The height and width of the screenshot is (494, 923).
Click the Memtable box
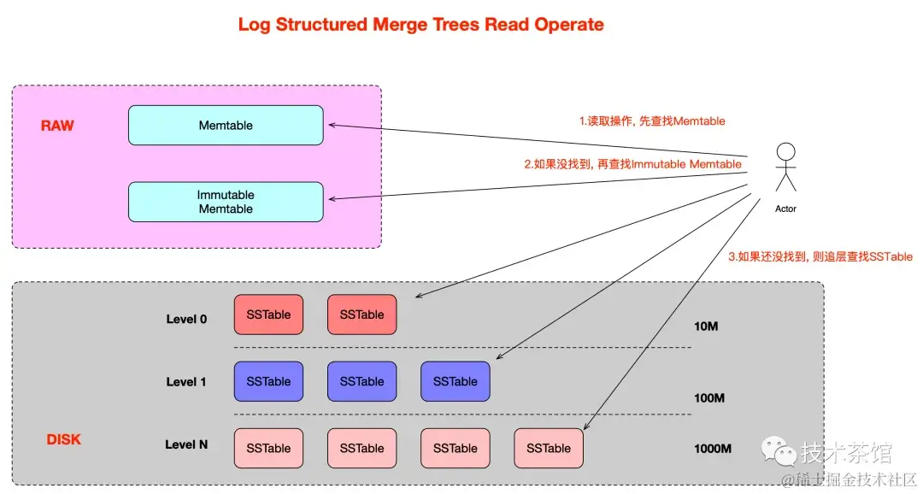click(226, 126)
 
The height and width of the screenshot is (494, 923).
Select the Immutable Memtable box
click(226, 202)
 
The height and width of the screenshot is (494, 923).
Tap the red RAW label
click(57, 126)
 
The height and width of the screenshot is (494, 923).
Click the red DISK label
click(63, 439)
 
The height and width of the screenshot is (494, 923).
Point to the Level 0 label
click(186, 319)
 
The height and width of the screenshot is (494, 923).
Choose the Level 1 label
click(186, 381)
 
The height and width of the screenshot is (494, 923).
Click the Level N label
click(186, 444)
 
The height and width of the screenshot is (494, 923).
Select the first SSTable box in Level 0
click(268, 315)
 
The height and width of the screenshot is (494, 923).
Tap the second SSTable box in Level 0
click(362, 315)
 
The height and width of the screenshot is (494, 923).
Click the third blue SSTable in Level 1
click(455, 381)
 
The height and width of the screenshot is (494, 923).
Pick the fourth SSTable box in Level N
click(549, 448)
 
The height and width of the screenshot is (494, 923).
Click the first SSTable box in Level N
click(268, 448)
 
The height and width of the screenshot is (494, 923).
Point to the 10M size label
click(706, 326)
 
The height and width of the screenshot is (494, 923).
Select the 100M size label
click(709, 398)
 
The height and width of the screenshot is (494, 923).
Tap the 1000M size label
click(713, 449)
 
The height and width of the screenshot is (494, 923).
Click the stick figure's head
click(786, 151)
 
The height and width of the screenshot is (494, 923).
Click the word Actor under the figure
click(786, 209)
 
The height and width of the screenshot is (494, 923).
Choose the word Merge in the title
click(398, 25)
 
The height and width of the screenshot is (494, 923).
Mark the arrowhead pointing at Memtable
click(332, 125)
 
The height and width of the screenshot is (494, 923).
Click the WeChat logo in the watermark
click(779, 450)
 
